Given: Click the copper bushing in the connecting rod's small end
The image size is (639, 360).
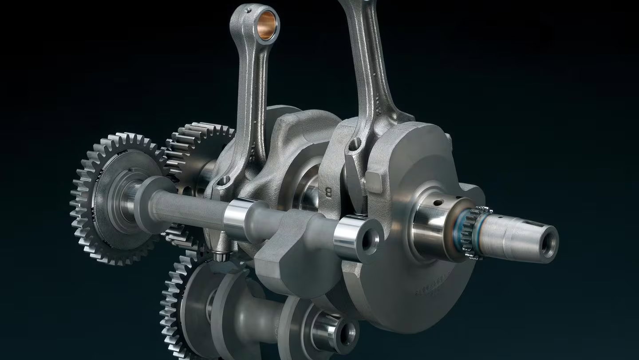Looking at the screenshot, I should pyautogui.click(x=266, y=26).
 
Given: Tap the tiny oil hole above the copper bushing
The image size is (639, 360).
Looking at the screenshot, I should pyautogui.click(x=249, y=8).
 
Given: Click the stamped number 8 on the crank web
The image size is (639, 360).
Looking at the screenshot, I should pyautogui.click(x=329, y=193).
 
